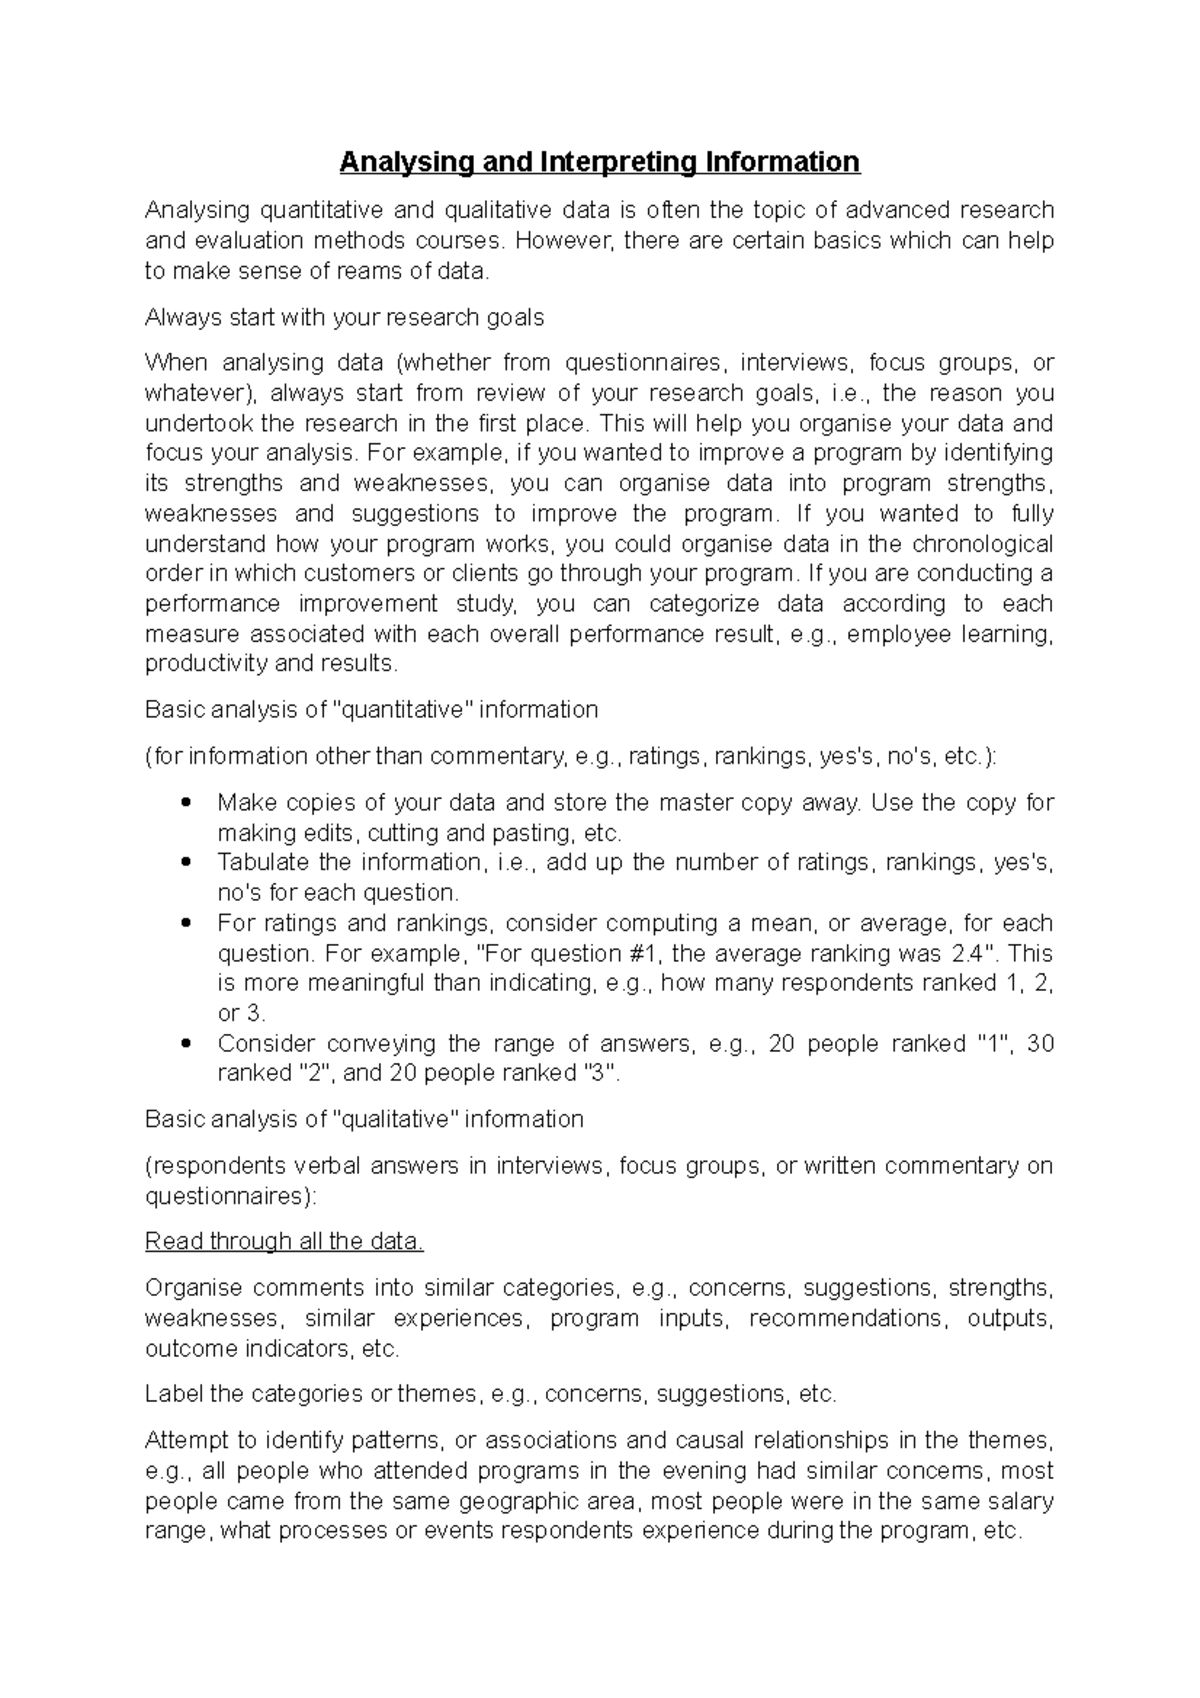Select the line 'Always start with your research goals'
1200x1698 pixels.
(344, 318)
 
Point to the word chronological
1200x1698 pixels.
(980, 544)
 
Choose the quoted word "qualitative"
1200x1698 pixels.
(393, 1119)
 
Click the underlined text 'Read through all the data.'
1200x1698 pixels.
(284, 1242)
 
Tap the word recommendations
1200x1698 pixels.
(846, 1319)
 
